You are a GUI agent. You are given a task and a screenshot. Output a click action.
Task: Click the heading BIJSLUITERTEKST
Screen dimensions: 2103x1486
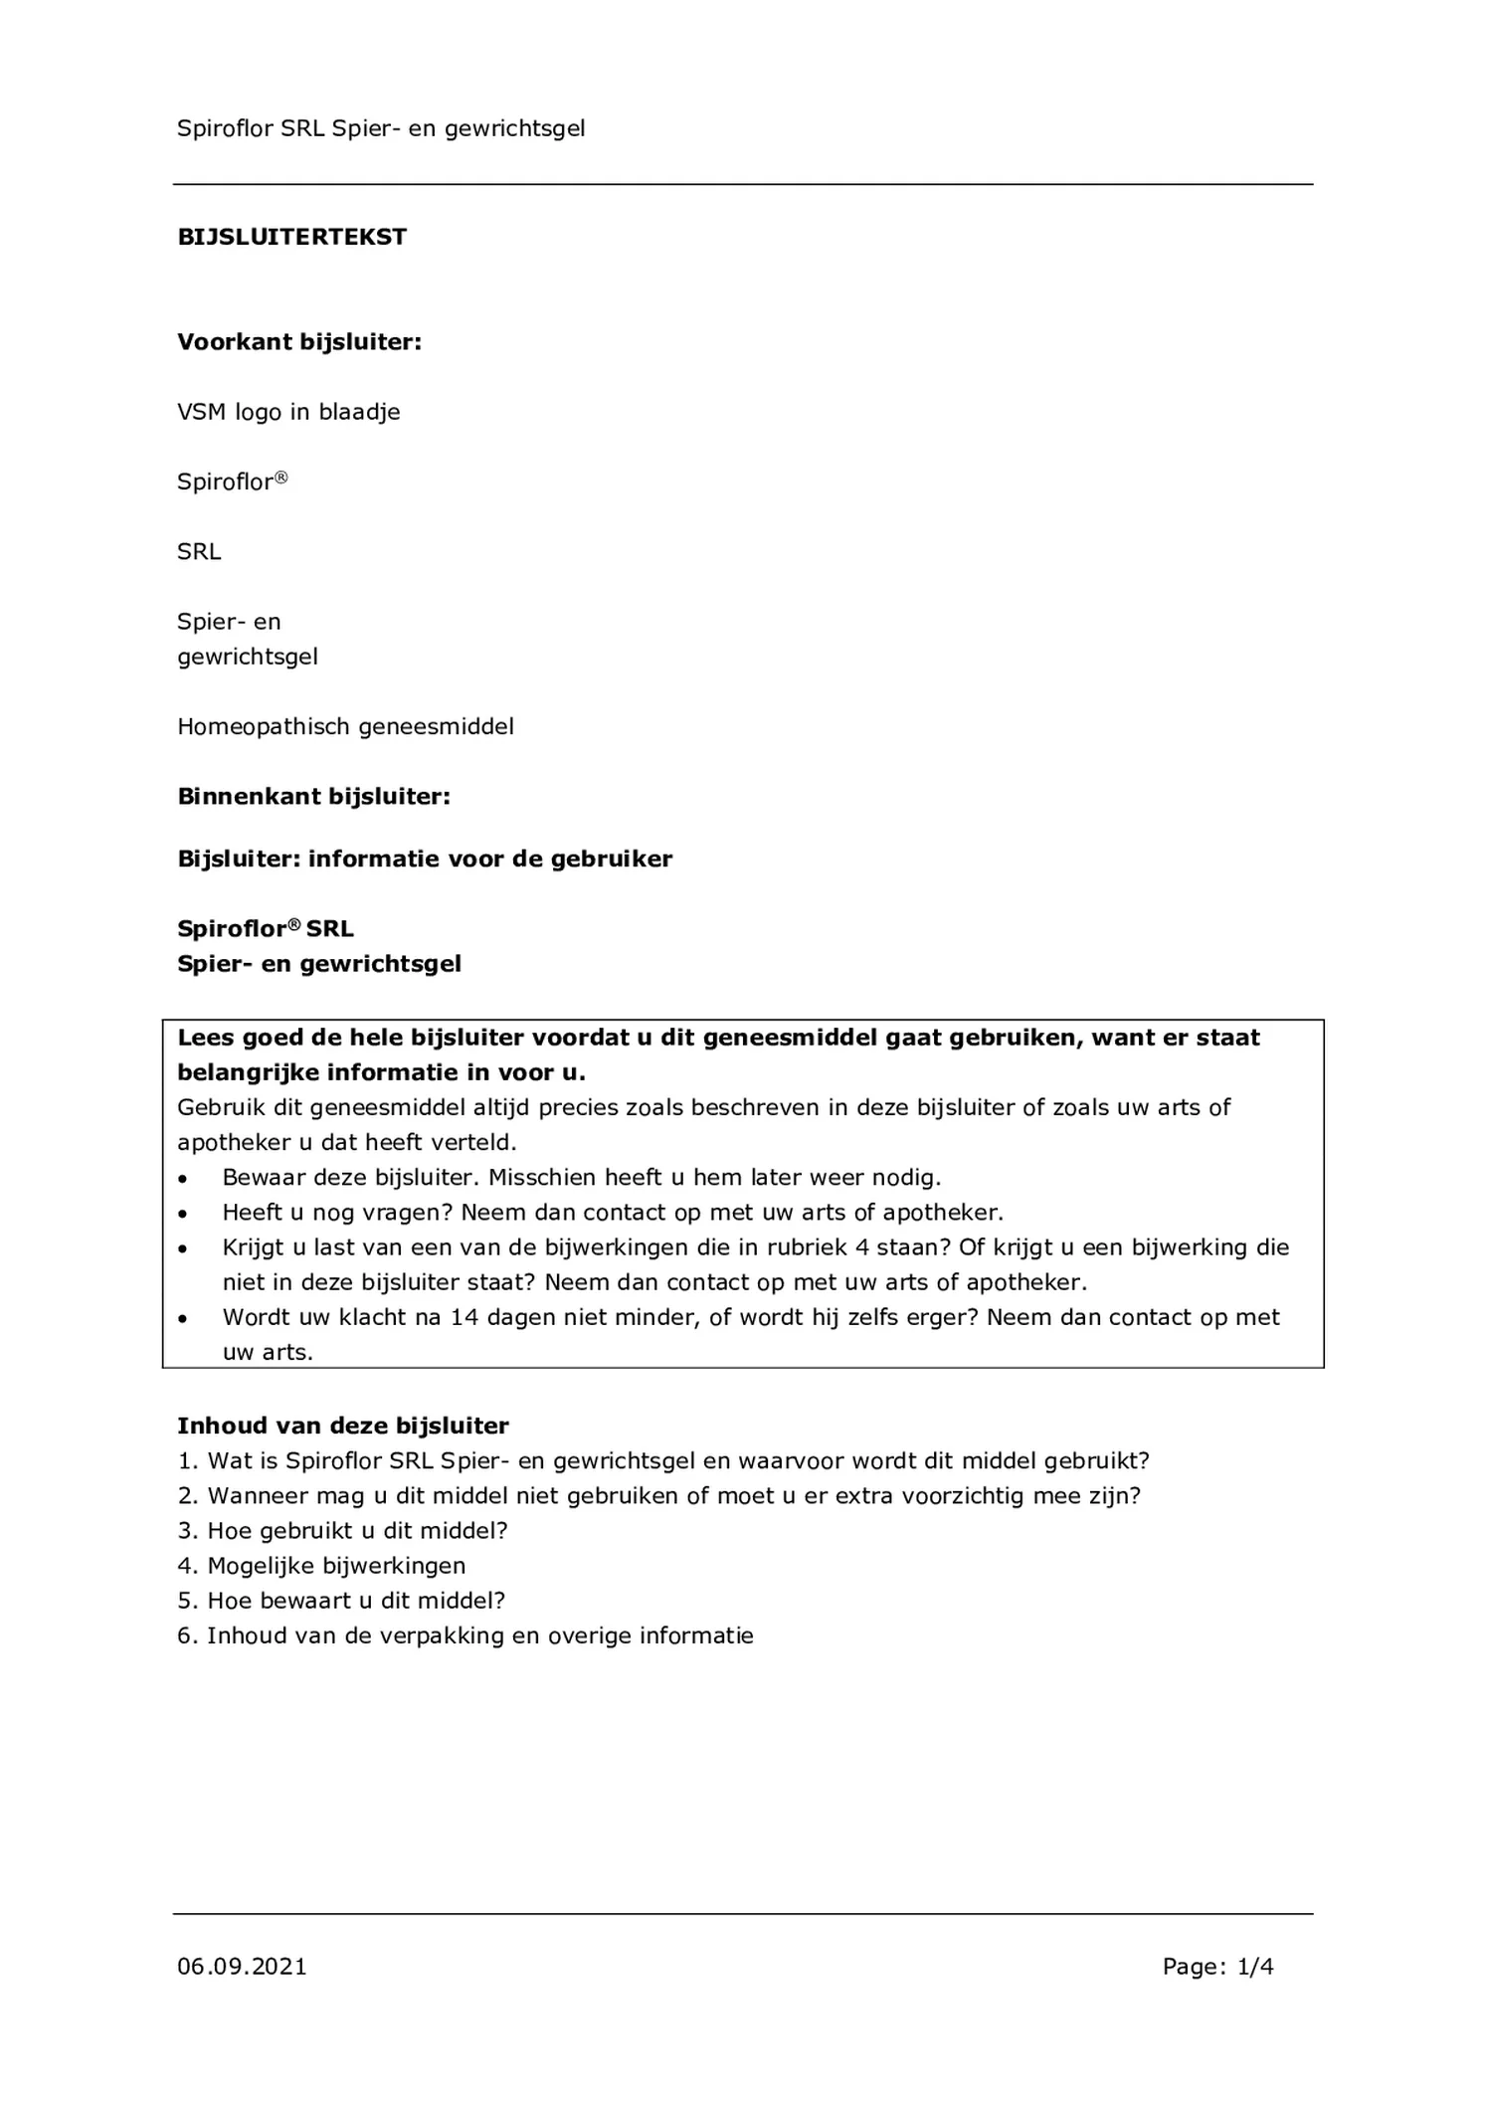point(292,237)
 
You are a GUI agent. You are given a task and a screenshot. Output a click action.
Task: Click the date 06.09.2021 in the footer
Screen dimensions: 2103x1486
point(242,1967)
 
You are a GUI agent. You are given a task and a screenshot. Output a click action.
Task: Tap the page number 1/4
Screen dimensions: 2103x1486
point(1255,1967)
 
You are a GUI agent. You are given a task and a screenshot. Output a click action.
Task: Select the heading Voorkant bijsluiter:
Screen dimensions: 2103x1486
point(299,342)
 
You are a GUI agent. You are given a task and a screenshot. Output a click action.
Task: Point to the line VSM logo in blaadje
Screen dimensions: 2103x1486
point(288,412)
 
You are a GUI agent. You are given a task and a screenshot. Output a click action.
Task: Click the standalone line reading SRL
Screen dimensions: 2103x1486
point(199,552)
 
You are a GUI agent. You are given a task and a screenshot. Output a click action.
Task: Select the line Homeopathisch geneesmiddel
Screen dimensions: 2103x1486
point(345,727)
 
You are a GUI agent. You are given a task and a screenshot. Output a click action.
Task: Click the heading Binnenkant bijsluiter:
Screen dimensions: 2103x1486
point(313,797)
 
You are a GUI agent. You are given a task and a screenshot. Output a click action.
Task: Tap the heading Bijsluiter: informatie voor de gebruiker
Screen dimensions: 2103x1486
point(425,859)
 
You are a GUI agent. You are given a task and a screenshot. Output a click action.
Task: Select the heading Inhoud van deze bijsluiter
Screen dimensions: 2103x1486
point(343,1426)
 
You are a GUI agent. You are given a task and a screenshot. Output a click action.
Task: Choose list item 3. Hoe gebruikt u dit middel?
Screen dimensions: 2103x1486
point(342,1531)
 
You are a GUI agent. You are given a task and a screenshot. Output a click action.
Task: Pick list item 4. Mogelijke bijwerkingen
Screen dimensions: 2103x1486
point(321,1566)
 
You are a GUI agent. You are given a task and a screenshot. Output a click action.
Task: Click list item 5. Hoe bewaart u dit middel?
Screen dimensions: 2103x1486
point(341,1601)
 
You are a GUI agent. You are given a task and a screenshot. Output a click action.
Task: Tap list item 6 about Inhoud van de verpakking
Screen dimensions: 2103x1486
point(464,1635)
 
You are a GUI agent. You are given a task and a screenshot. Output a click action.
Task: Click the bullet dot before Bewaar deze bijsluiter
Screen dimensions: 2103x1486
point(182,1179)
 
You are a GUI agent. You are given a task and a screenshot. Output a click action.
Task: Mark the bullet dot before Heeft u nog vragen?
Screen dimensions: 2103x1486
point(182,1214)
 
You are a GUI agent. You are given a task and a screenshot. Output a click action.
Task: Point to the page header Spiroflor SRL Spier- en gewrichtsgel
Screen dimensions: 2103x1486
point(381,128)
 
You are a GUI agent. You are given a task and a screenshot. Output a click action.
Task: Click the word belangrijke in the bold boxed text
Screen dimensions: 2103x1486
point(249,1072)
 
